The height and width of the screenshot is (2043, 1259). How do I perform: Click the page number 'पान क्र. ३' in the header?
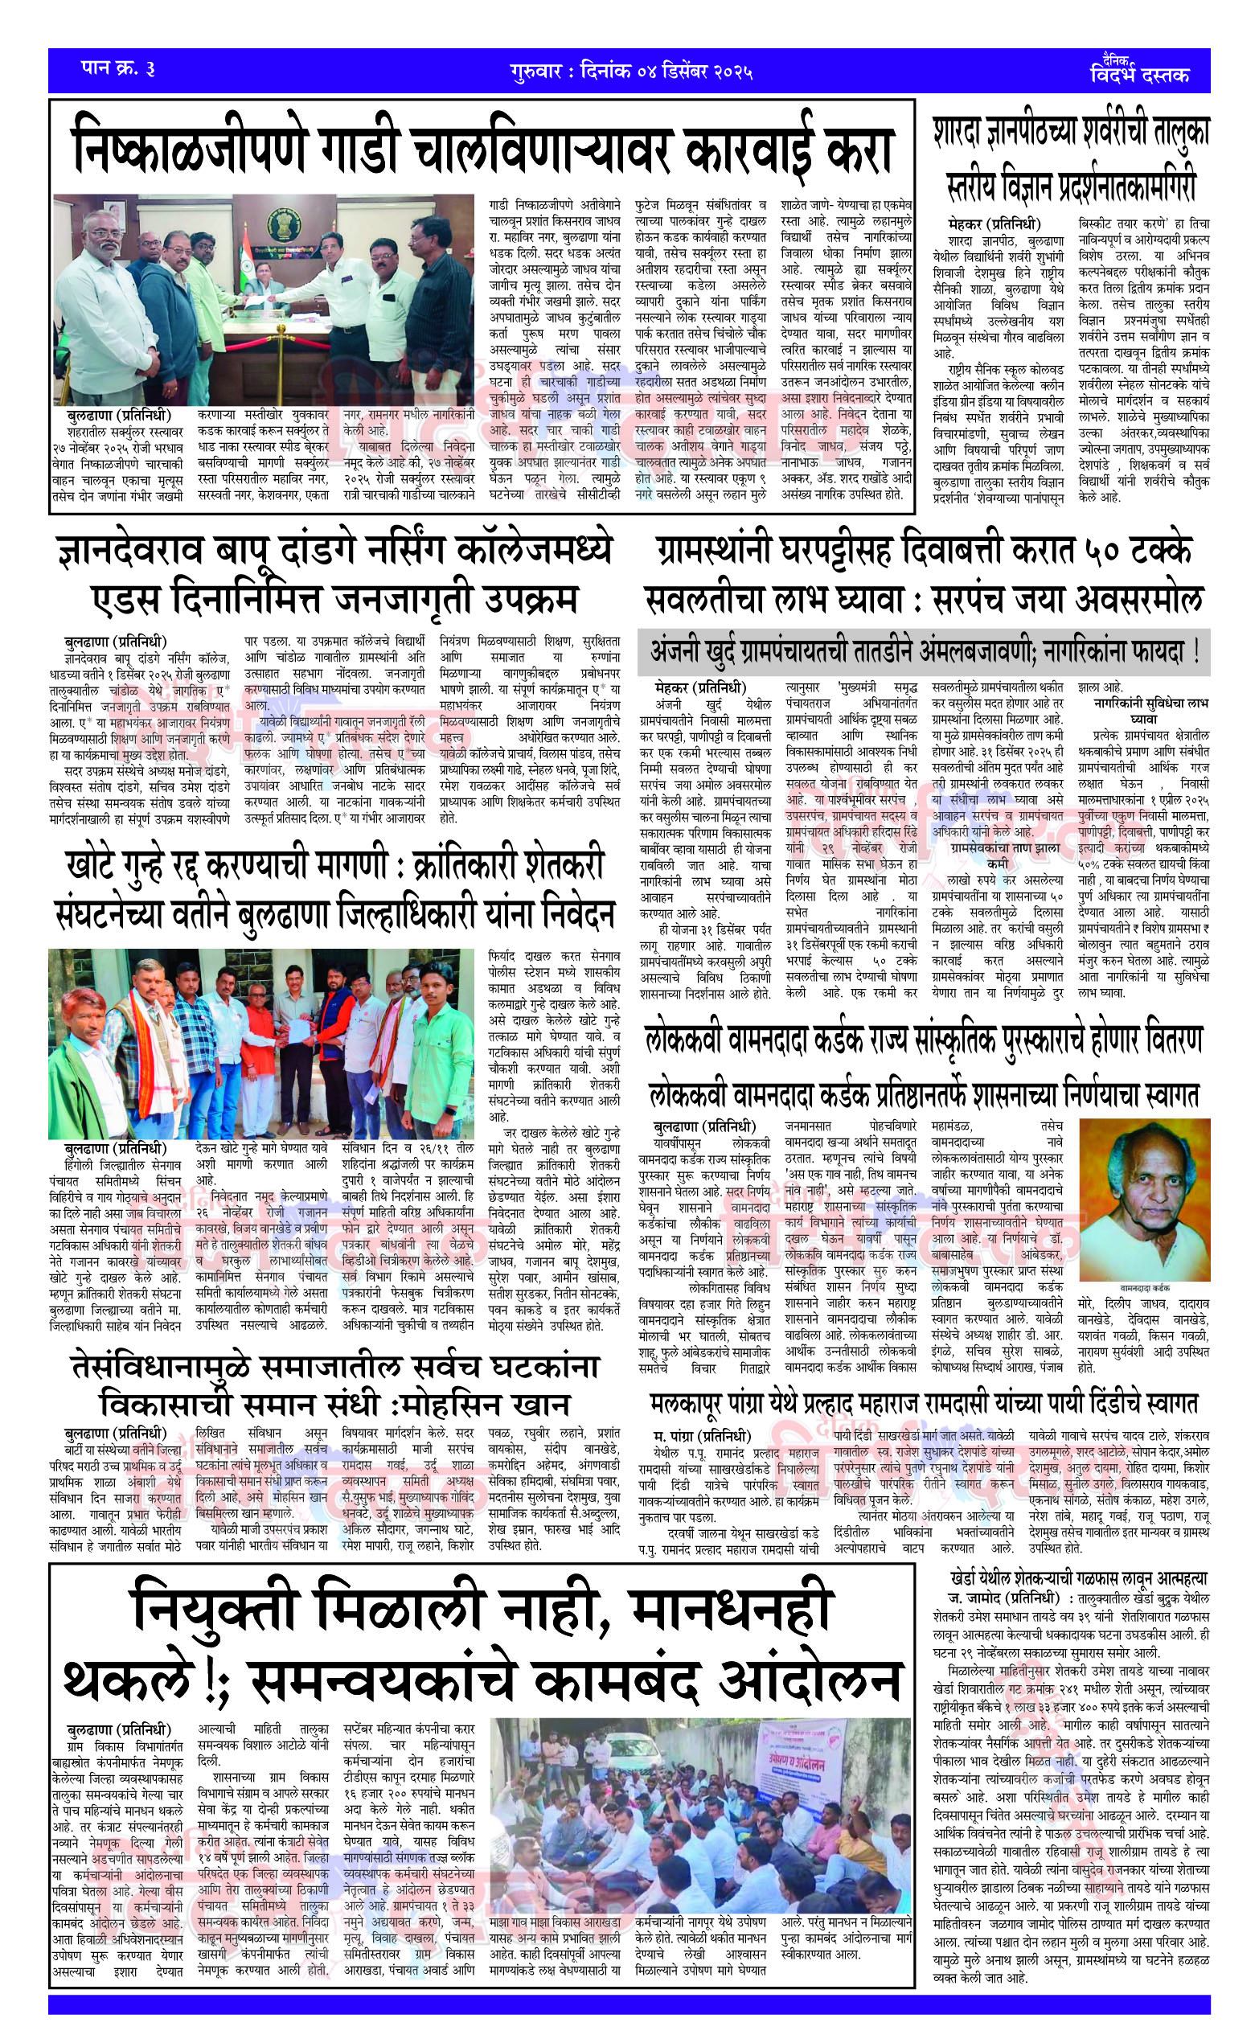[x=117, y=68]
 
